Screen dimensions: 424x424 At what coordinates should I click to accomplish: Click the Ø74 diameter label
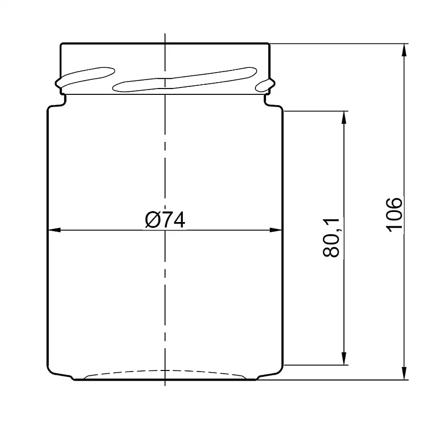click(x=165, y=219)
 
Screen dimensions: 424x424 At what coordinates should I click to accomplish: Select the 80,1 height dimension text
click(x=331, y=237)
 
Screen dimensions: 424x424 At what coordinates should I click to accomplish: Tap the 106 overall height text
click(x=394, y=215)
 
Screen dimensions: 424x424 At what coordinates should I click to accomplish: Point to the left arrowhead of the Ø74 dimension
click(x=54, y=230)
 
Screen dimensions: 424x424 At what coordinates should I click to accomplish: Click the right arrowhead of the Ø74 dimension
click(x=276, y=230)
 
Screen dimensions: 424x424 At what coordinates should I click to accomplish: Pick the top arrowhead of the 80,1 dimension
click(x=343, y=117)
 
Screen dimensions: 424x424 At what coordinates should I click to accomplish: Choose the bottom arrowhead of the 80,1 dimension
click(x=343, y=359)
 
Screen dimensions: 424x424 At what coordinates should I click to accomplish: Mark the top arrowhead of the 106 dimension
click(x=404, y=50)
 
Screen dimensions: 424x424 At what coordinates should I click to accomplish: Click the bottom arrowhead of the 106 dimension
click(x=404, y=373)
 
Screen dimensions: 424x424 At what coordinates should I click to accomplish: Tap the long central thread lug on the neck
click(x=184, y=79)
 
